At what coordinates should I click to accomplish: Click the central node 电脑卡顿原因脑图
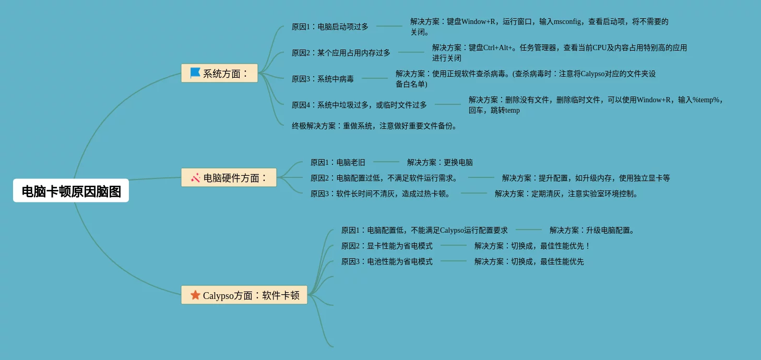click(71, 191)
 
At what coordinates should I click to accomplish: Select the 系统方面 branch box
click(219, 73)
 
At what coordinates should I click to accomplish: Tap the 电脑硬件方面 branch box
click(229, 177)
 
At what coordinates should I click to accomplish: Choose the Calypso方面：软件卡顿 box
click(244, 295)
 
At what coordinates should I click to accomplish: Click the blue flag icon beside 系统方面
click(195, 73)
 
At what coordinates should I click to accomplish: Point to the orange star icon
click(195, 295)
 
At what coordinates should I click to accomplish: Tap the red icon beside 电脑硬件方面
click(196, 177)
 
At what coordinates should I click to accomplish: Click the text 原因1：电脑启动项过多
click(330, 27)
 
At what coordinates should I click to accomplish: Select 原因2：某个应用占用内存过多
click(341, 53)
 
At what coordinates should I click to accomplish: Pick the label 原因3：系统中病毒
click(323, 79)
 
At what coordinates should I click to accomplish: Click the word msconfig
click(567, 21)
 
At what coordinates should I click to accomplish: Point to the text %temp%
click(706, 100)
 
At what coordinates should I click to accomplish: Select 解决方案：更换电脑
click(440, 162)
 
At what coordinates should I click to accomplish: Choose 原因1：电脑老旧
click(338, 162)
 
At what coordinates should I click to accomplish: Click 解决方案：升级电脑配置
click(592, 230)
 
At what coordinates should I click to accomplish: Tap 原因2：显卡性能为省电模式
click(387, 246)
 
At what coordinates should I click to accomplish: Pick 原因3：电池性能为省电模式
click(387, 261)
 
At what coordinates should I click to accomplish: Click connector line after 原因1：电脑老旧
click(386, 162)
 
